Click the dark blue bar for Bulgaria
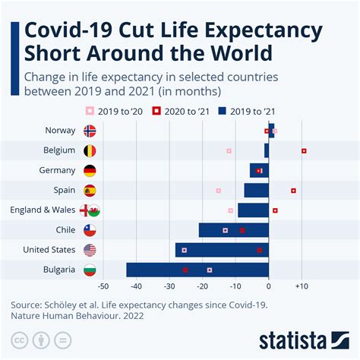197,270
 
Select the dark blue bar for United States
222,250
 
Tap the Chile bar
233,230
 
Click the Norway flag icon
90,131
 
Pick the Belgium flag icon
90,150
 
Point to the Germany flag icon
90,170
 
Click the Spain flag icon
90,190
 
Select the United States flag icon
90,250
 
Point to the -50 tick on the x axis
104,287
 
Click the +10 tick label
302,287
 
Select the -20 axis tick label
203,287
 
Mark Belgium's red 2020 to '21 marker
304,150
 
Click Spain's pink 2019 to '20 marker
219,191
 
